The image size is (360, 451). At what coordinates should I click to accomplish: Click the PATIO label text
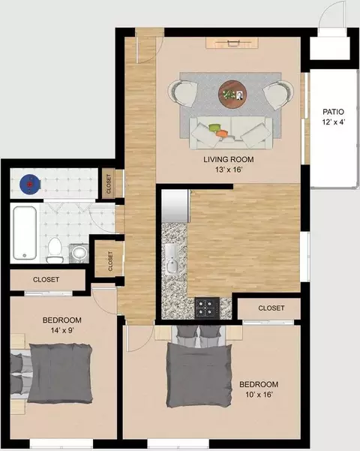333,112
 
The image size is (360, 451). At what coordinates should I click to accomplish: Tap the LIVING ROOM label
229,159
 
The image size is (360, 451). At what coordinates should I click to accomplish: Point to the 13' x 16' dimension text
229,170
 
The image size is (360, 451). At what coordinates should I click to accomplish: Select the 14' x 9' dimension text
62,330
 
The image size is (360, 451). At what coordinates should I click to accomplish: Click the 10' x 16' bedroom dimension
259,394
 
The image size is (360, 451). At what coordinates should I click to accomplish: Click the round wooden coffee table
232,94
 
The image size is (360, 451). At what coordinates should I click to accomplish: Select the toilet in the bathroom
55,250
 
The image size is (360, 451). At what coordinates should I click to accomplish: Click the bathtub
25,233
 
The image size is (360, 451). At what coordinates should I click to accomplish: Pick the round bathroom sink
79,254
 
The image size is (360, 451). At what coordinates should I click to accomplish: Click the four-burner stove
207,308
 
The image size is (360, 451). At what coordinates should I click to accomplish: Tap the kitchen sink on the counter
172,259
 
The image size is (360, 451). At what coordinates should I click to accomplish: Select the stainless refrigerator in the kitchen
176,206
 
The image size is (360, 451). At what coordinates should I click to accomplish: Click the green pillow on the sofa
214,127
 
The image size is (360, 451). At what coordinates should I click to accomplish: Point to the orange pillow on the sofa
222,134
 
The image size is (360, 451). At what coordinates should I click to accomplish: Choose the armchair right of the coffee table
278,95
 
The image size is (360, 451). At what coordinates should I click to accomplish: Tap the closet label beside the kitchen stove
271,308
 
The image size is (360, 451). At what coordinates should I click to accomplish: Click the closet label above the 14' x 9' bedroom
46,280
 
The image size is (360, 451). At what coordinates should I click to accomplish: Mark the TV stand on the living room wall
232,43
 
